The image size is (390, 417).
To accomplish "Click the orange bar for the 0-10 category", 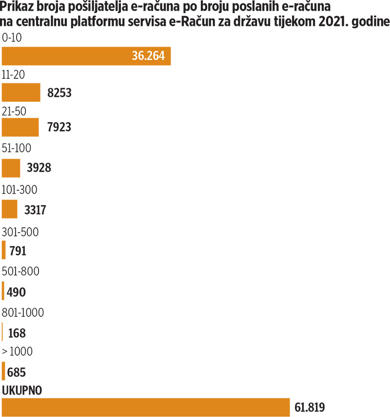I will (73, 56).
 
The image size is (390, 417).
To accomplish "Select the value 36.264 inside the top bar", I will (151, 56).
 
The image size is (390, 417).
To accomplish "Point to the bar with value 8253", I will (21, 92).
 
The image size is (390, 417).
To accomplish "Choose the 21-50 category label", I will (14, 111).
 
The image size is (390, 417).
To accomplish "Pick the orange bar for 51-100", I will (11, 168).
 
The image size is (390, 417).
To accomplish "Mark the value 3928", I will (39, 168).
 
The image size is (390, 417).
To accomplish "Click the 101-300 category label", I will (20, 189).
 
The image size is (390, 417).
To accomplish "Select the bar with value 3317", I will (10, 209).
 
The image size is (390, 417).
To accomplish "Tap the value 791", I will (18, 252).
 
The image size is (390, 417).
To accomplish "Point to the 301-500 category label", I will (20, 231).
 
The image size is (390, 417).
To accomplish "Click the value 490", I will (17, 292).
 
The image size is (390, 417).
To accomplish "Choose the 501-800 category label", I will (21, 271).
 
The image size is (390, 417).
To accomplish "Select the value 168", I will (17, 333).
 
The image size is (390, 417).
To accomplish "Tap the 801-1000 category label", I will (23, 312).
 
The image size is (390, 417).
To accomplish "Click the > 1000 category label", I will (18, 351).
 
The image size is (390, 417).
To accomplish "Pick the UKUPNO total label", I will (22, 390).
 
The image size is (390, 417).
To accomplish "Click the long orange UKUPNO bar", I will (146, 407).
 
